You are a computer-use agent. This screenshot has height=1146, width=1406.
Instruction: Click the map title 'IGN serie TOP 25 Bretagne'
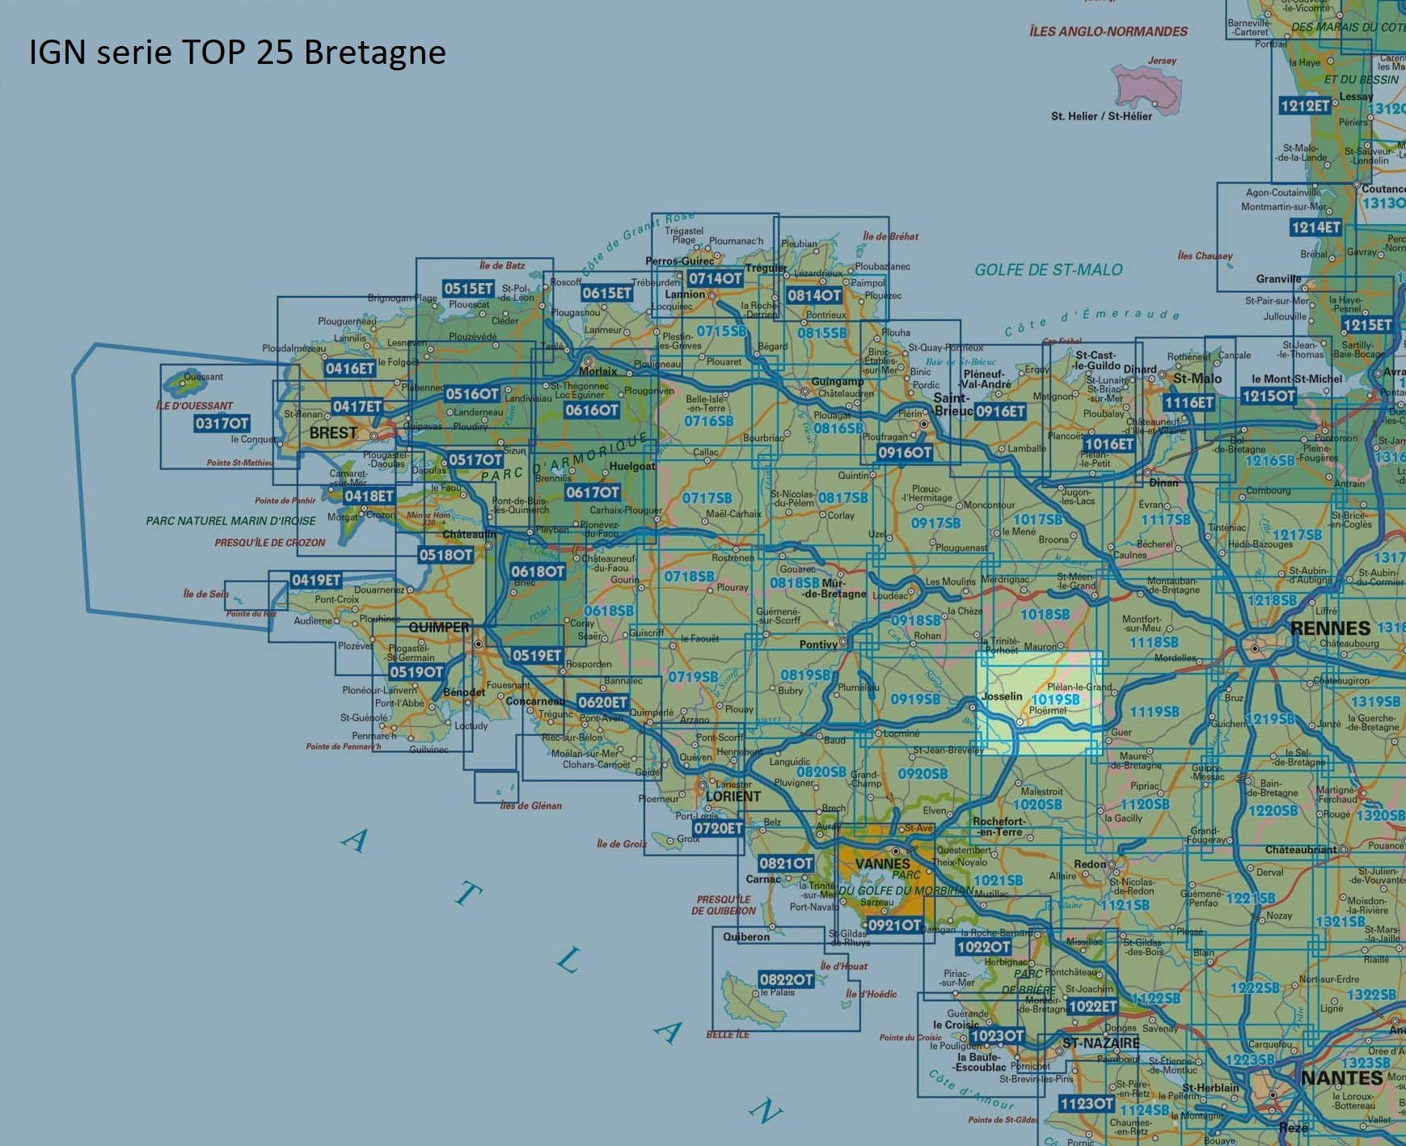click(x=237, y=53)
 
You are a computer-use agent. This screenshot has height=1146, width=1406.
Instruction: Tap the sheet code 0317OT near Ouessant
click(x=222, y=423)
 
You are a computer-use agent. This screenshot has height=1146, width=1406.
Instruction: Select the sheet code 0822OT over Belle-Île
click(x=786, y=979)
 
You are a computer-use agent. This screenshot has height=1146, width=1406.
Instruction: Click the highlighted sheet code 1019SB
click(x=1055, y=700)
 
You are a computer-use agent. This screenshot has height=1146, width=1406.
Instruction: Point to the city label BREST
click(x=333, y=433)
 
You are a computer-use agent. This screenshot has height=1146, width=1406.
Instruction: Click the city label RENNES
click(x=1330, y=628)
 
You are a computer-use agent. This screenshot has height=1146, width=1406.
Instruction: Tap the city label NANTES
click(x=1341, y=1078)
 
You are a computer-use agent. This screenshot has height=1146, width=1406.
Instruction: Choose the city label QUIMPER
click(x=438, y=628)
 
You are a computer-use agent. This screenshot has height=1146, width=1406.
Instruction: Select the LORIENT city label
click(x=733, y=797)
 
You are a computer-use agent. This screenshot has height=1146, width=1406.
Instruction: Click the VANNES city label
click(x=882, y=864)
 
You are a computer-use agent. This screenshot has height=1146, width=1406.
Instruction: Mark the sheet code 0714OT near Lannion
click(x=715, y=278)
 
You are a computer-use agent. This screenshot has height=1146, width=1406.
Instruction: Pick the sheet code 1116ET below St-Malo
click(x=1189, y=402)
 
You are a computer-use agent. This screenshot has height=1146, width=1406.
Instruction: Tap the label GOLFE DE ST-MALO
click(x=1048, y=270)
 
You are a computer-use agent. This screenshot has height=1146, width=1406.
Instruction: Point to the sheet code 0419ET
click(x=316, y=580)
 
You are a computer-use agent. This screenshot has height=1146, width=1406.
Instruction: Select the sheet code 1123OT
click(x=1087, y=1104)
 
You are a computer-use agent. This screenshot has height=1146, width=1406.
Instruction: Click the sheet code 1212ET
click(x=1305, y=105)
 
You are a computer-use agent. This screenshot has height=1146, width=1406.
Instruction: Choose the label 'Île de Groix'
click(x=622, y=844)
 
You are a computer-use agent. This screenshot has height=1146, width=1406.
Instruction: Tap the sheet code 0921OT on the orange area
click(x=893, y=925)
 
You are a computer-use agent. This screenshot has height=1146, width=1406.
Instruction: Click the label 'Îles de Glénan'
click(x=530, y=806)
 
